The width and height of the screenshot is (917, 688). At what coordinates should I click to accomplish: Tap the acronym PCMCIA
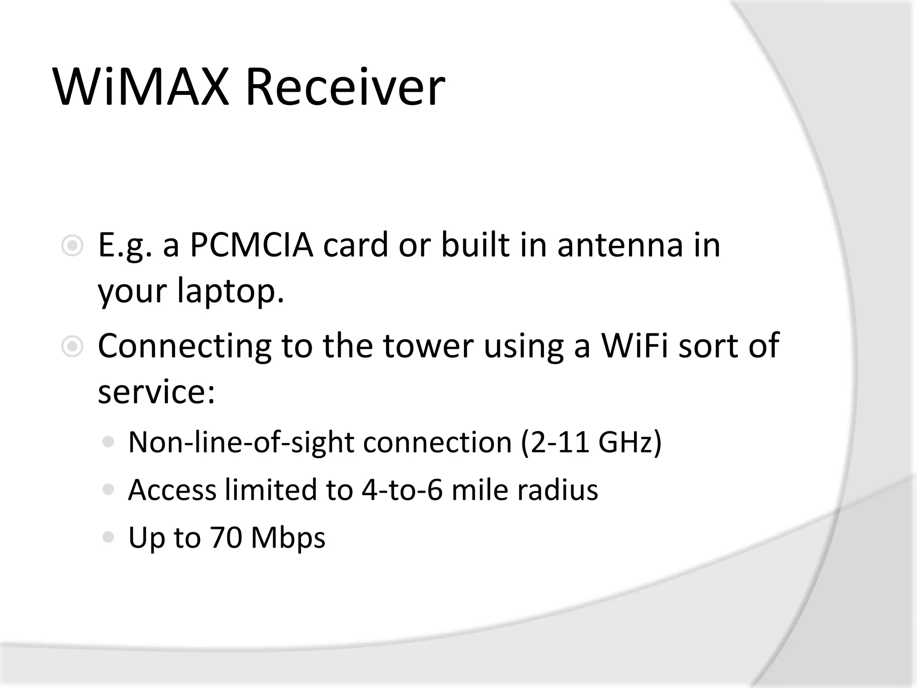tap(251, 245)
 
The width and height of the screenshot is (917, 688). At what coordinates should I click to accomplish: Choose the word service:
tap(156, 392)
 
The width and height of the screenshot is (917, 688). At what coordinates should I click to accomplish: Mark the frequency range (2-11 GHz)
tap(591, 443)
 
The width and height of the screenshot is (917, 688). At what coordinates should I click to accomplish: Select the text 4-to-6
tap(402, 490)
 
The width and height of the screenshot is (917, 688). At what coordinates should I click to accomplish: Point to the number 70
tap(226, 537)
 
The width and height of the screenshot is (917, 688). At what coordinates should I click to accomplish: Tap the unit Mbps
tap(288, 538)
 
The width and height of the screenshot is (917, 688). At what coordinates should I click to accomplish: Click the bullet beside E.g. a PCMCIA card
tap(72, 246)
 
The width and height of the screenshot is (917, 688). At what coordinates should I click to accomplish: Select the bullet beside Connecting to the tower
tap(72, 347)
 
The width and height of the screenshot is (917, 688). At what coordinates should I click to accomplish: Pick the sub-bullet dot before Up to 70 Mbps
tap(108, 537)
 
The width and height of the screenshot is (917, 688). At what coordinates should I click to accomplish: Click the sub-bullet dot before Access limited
tap(108, 489)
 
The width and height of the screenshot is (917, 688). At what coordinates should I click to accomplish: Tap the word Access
tap(172, 490)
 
